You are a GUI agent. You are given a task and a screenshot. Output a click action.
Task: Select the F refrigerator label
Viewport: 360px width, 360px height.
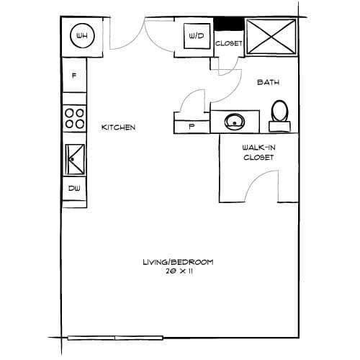click(x=74, y=76)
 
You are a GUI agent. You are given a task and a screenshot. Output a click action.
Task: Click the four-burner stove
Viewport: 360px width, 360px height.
click(x=75, y=118)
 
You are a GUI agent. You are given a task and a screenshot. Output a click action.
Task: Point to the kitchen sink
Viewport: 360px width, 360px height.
click(x=75, y=159)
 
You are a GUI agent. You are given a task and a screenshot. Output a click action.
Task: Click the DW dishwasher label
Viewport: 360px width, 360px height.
click(x=74, y=189)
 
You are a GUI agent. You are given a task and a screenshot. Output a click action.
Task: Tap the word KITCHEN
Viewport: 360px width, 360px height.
click(x=118, y=127)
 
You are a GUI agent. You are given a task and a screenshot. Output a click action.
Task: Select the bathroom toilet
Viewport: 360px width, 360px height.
click(x=279, y=116)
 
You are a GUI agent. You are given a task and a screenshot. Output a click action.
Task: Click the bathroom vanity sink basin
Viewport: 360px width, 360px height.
click(x=235, y=122)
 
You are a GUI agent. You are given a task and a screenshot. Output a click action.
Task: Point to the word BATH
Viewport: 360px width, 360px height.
click(x=268, y=82)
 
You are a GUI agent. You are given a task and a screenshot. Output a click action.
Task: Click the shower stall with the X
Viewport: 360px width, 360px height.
click(x=271, y=37)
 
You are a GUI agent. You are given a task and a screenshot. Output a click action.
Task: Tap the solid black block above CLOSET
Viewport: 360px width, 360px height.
click(x=228, y=24)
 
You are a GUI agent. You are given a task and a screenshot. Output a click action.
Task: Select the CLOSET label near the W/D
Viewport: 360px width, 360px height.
click(x=228, y=43)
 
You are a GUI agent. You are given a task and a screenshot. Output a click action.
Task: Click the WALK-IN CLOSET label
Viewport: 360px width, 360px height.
click(x=258, y=153)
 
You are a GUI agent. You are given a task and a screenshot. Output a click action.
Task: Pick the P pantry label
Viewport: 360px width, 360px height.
click(x=192, y=127)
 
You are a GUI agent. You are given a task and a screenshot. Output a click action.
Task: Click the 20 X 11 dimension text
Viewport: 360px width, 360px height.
click(x=179, y=271)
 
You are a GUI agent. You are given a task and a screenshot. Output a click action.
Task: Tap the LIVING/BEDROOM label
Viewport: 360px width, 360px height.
click(x=178, y=262)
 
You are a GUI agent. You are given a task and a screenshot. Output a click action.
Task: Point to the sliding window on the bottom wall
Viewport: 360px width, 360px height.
click(x=115, y=338)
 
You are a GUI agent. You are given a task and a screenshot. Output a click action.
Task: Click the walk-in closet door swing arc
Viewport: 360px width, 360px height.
click(x=255, y=178)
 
